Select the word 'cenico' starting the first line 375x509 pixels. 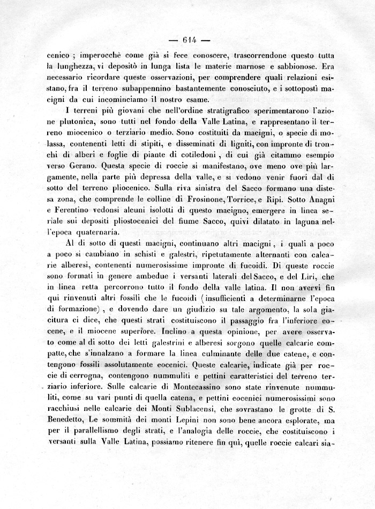[x=57, y=55]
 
